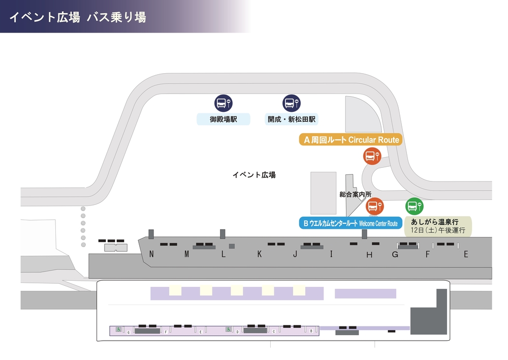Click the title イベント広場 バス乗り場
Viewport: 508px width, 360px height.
78,17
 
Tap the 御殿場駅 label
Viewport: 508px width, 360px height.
224,119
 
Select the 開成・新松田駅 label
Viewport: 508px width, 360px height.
292,119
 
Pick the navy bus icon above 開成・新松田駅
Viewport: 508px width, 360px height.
291,103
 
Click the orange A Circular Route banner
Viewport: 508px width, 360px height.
351,140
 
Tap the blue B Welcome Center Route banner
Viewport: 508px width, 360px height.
351,223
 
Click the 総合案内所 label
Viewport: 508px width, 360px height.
356,194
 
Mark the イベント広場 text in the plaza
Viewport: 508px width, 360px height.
254,175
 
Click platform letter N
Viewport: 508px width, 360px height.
151,254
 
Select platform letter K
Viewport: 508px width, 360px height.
259,254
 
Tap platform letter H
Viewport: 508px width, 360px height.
369,255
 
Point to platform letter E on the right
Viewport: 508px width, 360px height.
466,254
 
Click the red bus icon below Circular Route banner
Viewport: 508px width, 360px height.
372,156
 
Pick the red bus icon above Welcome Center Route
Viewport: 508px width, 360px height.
375,206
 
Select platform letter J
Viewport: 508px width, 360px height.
295,254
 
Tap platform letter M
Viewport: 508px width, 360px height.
186,254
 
